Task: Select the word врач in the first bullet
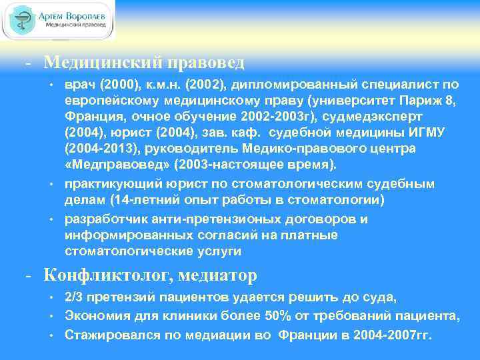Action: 79,85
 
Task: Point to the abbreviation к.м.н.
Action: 174,85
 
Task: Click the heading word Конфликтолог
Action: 109,274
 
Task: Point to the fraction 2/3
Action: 73,297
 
